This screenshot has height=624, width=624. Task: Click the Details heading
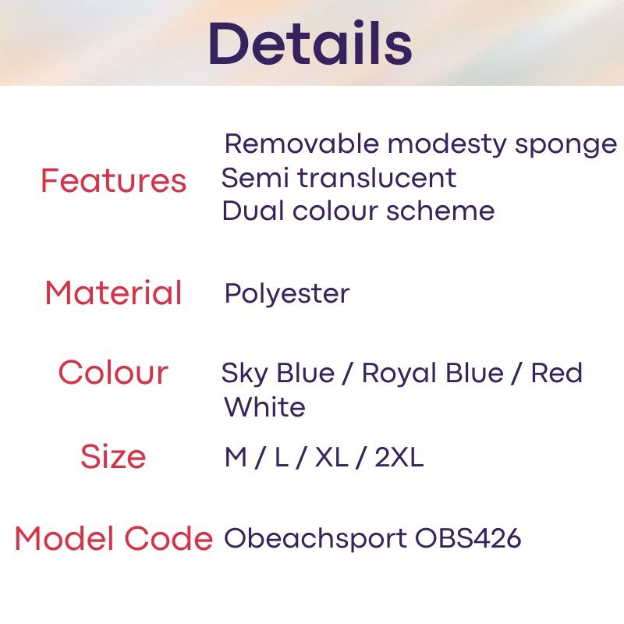(310, 44)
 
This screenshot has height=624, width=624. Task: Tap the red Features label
(113, 181)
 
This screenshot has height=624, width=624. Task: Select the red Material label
(113, 293)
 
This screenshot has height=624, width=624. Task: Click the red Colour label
(113, 372)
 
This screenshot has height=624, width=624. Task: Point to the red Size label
(113, 456)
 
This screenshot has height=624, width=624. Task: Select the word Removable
(301, 144)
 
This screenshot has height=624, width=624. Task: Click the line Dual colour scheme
(358, 211)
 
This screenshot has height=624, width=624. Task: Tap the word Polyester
(286, 294)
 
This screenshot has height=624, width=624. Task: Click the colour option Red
(557, 373)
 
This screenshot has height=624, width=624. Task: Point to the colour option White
(264, 407)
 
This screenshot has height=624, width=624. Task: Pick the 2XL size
(399, 457)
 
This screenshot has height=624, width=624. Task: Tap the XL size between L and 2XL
(331, 457)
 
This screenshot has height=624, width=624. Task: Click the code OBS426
(468, 539)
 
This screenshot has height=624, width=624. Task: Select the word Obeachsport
(315, 539)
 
